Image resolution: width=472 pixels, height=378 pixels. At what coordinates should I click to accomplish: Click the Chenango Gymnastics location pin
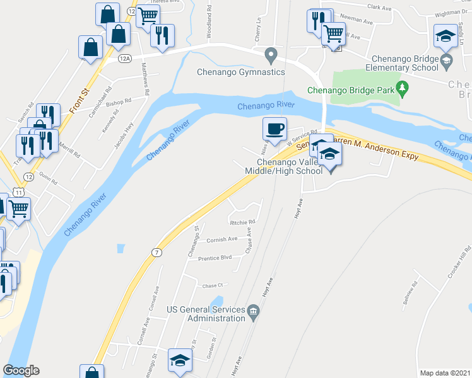pyautogui.click(x=271, y=55)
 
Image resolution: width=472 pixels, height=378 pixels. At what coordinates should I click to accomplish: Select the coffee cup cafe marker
pyautogui.click(x=274, y=129)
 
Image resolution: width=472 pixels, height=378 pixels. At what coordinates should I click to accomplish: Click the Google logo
pyautogui.click(x=21, y=370)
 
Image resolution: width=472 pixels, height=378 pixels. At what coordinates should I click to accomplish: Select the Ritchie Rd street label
pyautogui.click(x=242, y=222)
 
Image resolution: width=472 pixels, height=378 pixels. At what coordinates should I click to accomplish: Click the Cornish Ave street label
pyautogui.click(x=221, y=239)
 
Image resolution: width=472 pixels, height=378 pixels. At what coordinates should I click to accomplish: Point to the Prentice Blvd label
pyautogui.click(x=215, y=258)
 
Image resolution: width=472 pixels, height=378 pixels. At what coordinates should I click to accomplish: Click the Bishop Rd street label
pyautogui.click(x=118, y=101)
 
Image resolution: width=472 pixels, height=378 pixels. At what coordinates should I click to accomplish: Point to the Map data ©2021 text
pyautogui.click(x=445, y=372)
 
